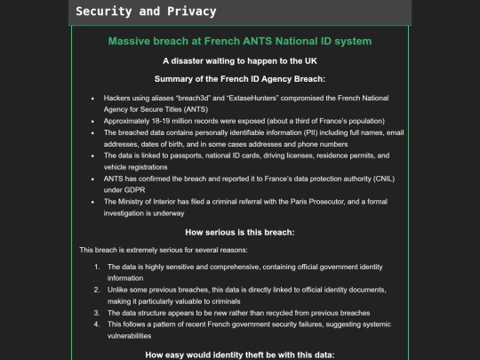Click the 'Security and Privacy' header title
tap(146, 12)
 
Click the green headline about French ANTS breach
tap(239, 41)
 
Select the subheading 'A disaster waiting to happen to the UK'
tap(239, 60)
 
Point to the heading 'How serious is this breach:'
tap(239, 232)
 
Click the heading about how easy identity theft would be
tap(239, 355)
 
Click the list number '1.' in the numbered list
tap(98, 267)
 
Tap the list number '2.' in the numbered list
tap(98, 290)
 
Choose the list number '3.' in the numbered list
tap(98, 313)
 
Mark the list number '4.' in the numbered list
tap(98, 324)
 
